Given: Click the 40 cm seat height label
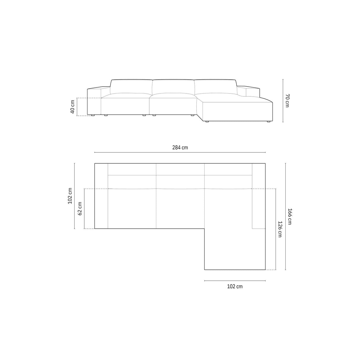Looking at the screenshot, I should (72, 107).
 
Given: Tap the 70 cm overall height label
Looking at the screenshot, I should (287, 101).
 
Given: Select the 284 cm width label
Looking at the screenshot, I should (180, 147).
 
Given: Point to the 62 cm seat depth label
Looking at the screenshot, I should (80, 209).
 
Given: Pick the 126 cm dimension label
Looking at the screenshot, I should (280, 229).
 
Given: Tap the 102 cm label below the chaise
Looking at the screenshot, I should (235, 286).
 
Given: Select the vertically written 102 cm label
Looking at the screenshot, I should (70, 196).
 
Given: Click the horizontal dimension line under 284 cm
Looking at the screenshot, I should (180, 152).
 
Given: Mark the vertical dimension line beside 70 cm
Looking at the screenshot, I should (283, 101).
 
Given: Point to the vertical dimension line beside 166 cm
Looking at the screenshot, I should (285, 216).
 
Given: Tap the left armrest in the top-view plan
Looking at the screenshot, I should (101, 196).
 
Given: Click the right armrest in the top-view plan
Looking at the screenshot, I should (258, 196).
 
